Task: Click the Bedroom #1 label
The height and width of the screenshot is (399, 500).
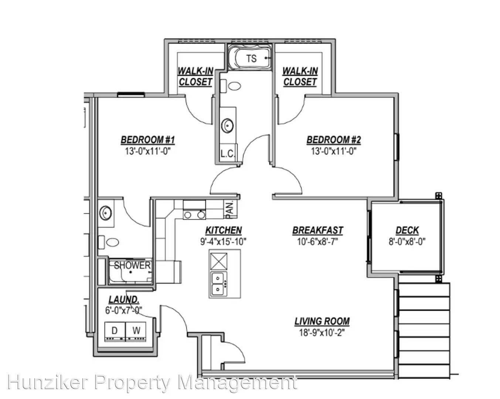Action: [147, 140]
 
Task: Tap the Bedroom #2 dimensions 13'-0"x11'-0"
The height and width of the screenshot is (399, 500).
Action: [334, 151]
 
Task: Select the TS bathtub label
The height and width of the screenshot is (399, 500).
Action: [251, 58]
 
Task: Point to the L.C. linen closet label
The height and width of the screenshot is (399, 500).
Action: [228, 154]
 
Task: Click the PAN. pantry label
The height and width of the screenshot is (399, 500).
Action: [229, 210]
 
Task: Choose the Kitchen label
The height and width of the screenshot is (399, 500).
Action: [224, 230]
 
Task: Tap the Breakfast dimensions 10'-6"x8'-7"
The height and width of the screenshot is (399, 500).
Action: [317, 242]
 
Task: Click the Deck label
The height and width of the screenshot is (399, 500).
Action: [407, 230]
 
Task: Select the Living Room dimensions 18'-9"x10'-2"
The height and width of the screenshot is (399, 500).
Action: [322, 332]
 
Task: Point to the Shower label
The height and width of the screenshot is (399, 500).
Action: [132, 265]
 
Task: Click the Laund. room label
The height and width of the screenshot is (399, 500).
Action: [124, 300]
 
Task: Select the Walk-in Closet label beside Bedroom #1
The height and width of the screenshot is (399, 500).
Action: [195, 76]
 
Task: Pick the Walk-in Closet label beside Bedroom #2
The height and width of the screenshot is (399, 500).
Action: [300, 76]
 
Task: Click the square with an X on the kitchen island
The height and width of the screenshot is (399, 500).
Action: [219, 261]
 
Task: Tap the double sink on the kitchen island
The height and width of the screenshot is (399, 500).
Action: [218, 284]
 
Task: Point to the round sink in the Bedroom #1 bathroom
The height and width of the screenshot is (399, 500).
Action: [106, 213]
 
